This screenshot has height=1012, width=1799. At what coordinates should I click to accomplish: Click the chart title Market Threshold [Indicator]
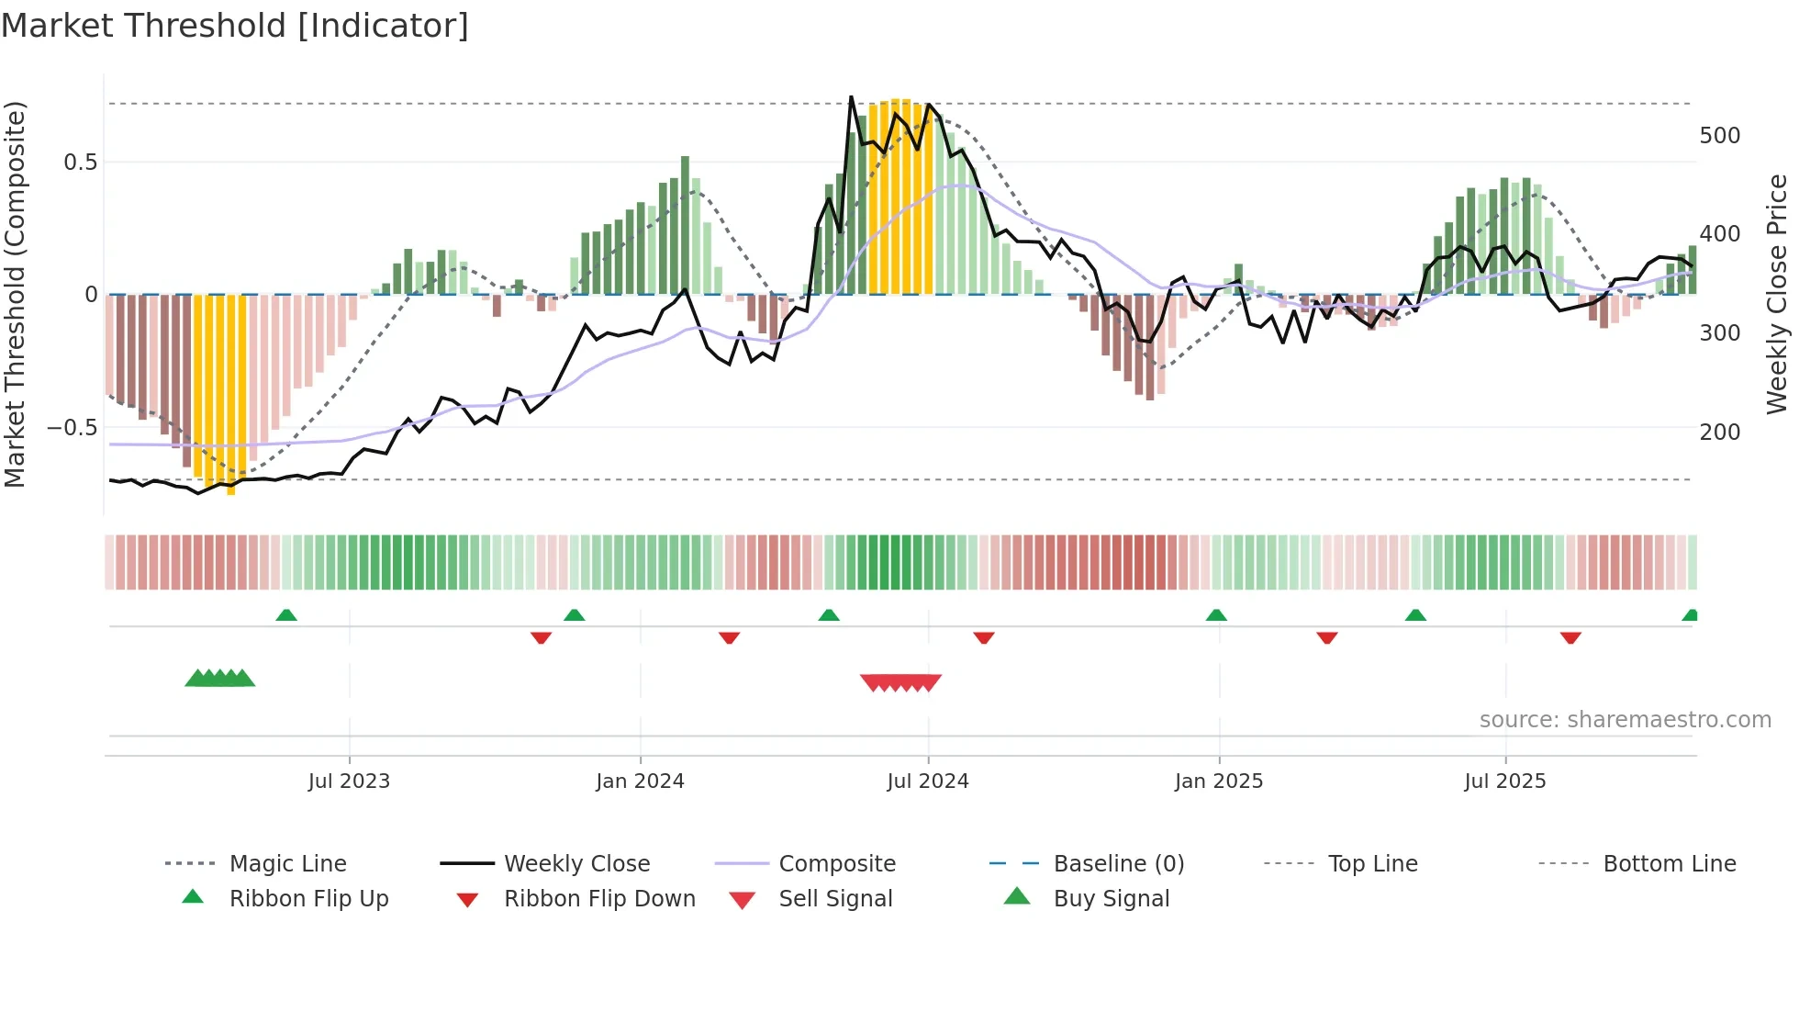[235, 26]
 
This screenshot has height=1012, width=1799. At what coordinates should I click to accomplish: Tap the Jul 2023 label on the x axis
[349, 781]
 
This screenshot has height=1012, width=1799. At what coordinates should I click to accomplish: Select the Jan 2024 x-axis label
[640, 781]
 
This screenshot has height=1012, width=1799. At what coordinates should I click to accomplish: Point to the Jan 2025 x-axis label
[1219, 781]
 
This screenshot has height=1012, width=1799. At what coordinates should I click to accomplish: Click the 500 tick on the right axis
[1719, 136]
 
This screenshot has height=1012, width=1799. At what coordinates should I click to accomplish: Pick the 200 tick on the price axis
[1719, 432]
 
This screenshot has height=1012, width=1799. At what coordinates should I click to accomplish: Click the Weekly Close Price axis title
[1777, 294]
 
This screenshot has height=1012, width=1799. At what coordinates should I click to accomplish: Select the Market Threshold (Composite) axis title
[15, 294]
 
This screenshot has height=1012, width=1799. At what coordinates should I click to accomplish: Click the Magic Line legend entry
[287, 864]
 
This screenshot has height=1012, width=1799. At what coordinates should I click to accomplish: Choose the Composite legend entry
[836, 864]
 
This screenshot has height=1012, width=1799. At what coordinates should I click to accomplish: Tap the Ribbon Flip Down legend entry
[599, 899]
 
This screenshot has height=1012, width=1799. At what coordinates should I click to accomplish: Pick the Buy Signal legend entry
[1111, 899]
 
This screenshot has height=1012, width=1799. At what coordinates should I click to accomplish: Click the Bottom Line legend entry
[1669, 864]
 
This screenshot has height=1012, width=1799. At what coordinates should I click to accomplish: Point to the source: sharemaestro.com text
[1625, 720]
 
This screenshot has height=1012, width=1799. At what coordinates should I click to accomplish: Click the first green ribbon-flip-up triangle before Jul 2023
[286, 615]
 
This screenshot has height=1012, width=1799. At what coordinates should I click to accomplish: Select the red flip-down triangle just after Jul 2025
[1570, 637]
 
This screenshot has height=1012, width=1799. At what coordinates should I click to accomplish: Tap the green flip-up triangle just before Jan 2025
[1216, 615]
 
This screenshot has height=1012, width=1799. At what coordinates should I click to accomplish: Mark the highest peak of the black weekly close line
[851, 97]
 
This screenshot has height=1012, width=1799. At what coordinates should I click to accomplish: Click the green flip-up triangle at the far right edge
[1690, 615]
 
